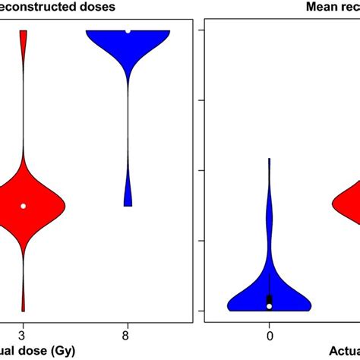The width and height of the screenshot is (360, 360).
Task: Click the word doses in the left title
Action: click(x=96, y=7)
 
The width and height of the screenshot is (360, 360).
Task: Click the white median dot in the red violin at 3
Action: click(x=23, y=206)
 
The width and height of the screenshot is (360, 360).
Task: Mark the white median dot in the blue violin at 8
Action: click(x=128, y=31)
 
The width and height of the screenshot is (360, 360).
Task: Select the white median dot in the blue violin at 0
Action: click(x=269, y=305)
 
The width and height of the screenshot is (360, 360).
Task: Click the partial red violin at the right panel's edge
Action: click(x=349, y=204)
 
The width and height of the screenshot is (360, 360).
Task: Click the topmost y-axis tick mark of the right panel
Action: click(x=202, y=30)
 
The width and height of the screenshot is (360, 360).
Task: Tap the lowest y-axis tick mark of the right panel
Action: click(x=202, y=311)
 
